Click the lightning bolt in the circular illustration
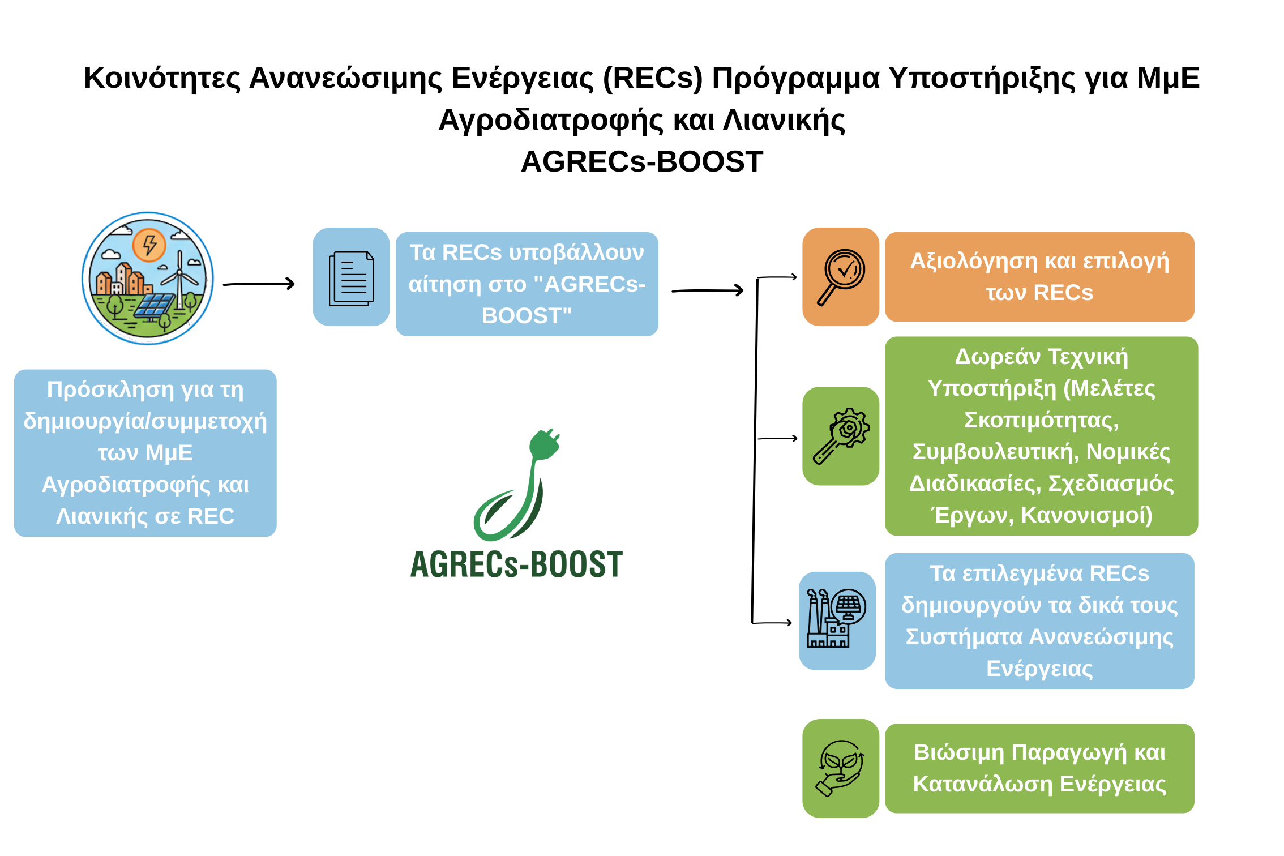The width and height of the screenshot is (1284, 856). click(x=149, y=245)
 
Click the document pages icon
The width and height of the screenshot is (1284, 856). click(x=351, y=278)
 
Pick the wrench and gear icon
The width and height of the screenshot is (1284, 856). click(x=841, y=435)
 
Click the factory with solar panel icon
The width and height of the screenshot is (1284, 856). click(x=837, y=619)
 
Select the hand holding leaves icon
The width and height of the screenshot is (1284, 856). click(x=841, y=768)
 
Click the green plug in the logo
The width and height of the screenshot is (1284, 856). click(x=543, y=444)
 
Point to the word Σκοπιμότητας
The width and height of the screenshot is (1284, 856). click(x=1041, y=420)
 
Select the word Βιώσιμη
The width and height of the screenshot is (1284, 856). click(x=958, y=752)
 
